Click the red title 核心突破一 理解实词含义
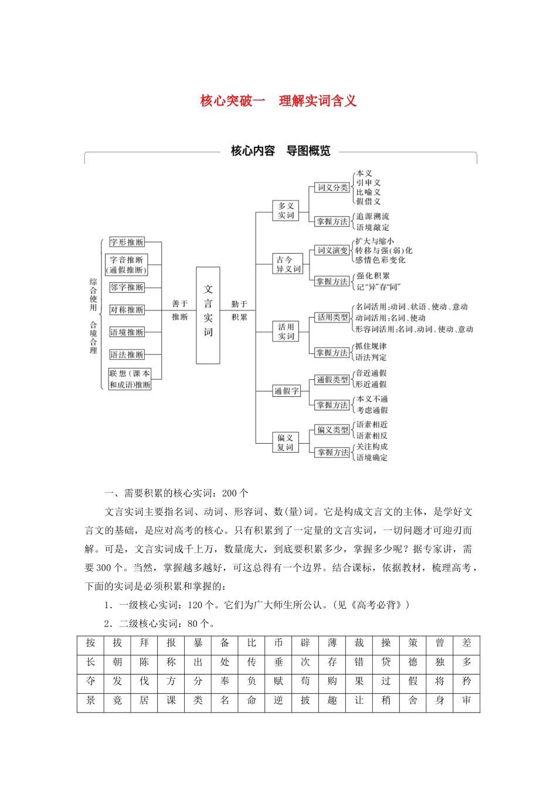point(278,101)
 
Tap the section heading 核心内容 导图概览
point(280,151)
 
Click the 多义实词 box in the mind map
point(286,211)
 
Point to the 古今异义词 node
point(288,264)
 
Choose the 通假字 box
point(286,391)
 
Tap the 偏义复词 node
point(286,443)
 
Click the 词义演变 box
point(332,251)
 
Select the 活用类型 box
point(332,318)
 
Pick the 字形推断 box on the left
point(127,242)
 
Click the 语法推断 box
point(127,355)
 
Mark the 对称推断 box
point(127,310)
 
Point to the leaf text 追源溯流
point(372,217)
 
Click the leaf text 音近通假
point(371,373)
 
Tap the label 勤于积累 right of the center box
point(239,311)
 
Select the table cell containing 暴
point(198,643)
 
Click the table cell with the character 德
point(413,662)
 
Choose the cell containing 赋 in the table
point(278,682)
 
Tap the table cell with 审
point(467,701)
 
